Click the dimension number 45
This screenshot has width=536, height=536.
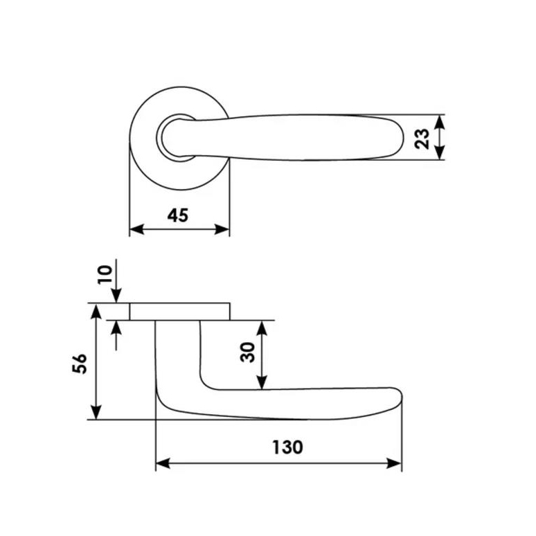point(178,215)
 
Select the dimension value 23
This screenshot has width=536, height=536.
point(422,139)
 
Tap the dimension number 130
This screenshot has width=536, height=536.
point(287,447)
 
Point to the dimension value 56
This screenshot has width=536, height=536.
point(80,364)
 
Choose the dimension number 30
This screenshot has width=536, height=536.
point(247,352)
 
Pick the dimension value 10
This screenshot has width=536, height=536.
point(105,274)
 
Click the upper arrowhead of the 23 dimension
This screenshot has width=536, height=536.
point(440,122)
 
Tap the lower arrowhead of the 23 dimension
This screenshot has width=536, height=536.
point(440,152)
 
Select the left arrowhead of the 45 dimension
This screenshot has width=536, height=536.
point(136,229)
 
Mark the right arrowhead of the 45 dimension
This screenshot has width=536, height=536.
point(222,229)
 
